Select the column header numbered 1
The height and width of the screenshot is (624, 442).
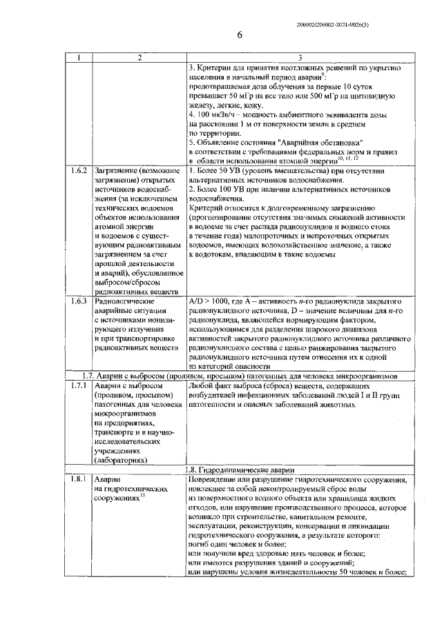pos(79,57)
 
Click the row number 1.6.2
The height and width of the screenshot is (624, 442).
pos(79,169)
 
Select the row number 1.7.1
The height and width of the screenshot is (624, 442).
pos(79,386)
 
